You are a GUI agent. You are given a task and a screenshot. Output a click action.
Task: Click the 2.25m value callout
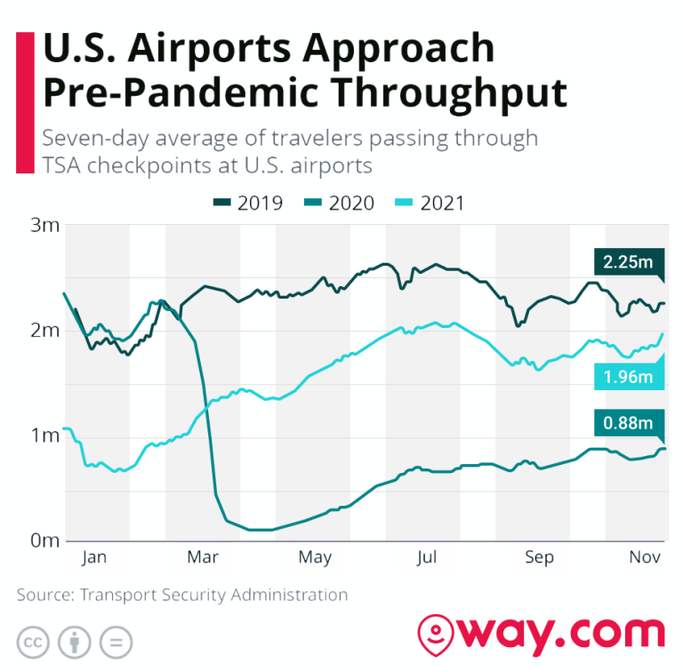tap(628, 262)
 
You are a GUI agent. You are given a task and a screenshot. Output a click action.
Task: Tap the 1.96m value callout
tap(628, 378)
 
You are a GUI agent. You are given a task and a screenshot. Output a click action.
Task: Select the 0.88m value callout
tap(628, 423)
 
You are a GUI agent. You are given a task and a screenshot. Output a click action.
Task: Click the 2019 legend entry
tap(248, 204)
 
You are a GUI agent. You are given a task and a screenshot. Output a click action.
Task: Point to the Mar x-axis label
tap(204, 558)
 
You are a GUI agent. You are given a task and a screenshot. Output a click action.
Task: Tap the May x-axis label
tap(315, 558)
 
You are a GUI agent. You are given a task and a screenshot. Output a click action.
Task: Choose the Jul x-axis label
tap(427, 558)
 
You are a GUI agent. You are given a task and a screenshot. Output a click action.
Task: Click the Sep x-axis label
tap(539, 558)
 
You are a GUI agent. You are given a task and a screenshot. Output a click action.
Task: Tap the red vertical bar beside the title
tap(25, 103)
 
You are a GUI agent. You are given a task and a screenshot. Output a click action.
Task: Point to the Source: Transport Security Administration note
tap(182, 595)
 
